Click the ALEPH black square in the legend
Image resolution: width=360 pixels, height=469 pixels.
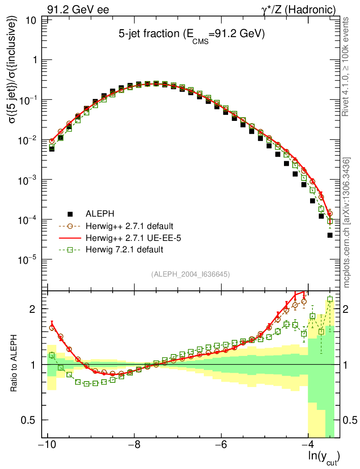pos(70,214)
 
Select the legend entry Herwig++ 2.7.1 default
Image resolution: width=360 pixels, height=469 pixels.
pos(129,226)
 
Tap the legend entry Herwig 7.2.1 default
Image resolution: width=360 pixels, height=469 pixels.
pos(124,250)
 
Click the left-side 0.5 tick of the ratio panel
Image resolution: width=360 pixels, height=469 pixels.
pos(31,420)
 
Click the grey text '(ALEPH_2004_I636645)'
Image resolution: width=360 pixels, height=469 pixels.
pos(190,274)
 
